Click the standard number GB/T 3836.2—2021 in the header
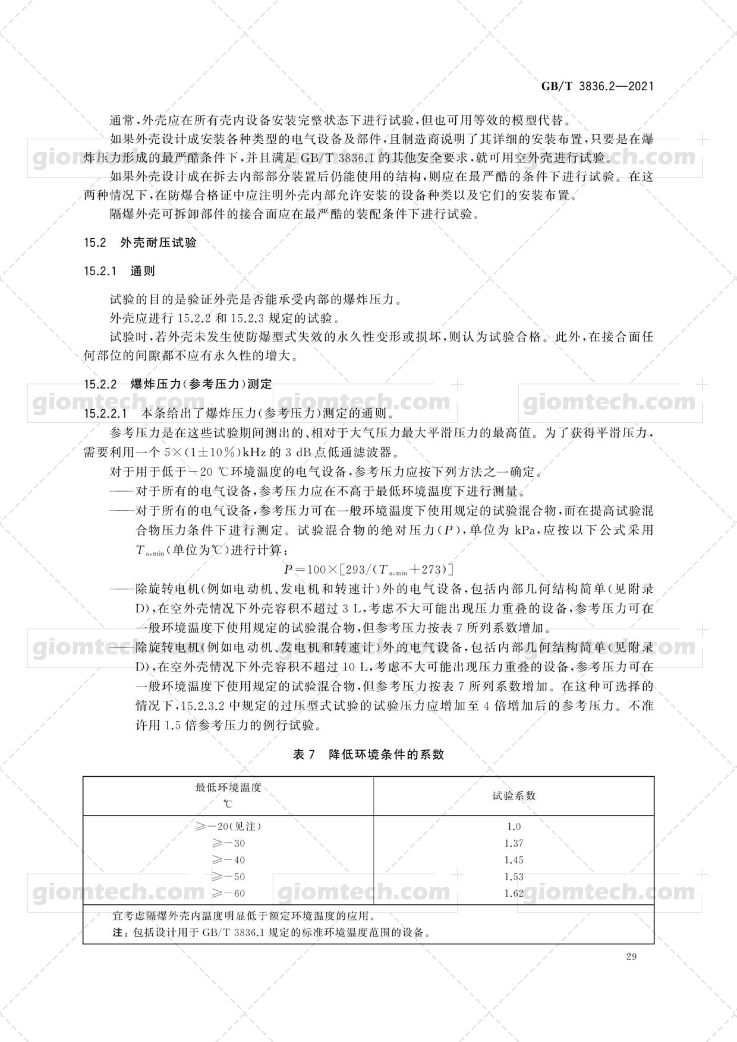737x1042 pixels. coord(597,86)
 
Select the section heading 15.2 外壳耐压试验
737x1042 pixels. coord(140,243)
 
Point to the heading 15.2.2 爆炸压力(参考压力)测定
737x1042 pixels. coord(178,385)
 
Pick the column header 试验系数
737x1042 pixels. coord(514,796)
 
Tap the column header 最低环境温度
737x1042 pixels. coord(228,787)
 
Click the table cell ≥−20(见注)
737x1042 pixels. coord(228,826)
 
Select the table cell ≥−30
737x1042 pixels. coord(228,843)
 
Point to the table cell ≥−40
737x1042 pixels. coord(228,859)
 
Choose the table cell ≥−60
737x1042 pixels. coord(228,893)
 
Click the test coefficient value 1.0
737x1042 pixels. coord(514,826)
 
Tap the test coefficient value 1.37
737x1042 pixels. coord(514,843)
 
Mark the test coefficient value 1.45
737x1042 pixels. coord(514,859)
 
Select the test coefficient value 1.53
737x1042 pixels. coord(514,876)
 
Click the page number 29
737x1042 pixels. coord(631,957)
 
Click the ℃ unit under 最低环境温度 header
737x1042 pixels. coord(228,804)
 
